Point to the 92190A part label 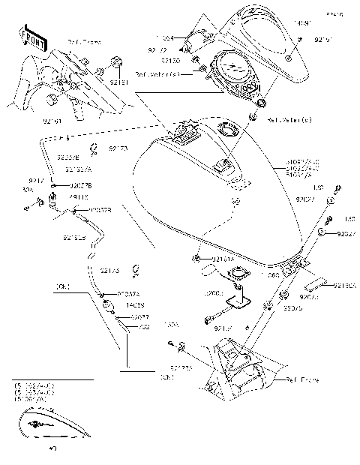344,286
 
